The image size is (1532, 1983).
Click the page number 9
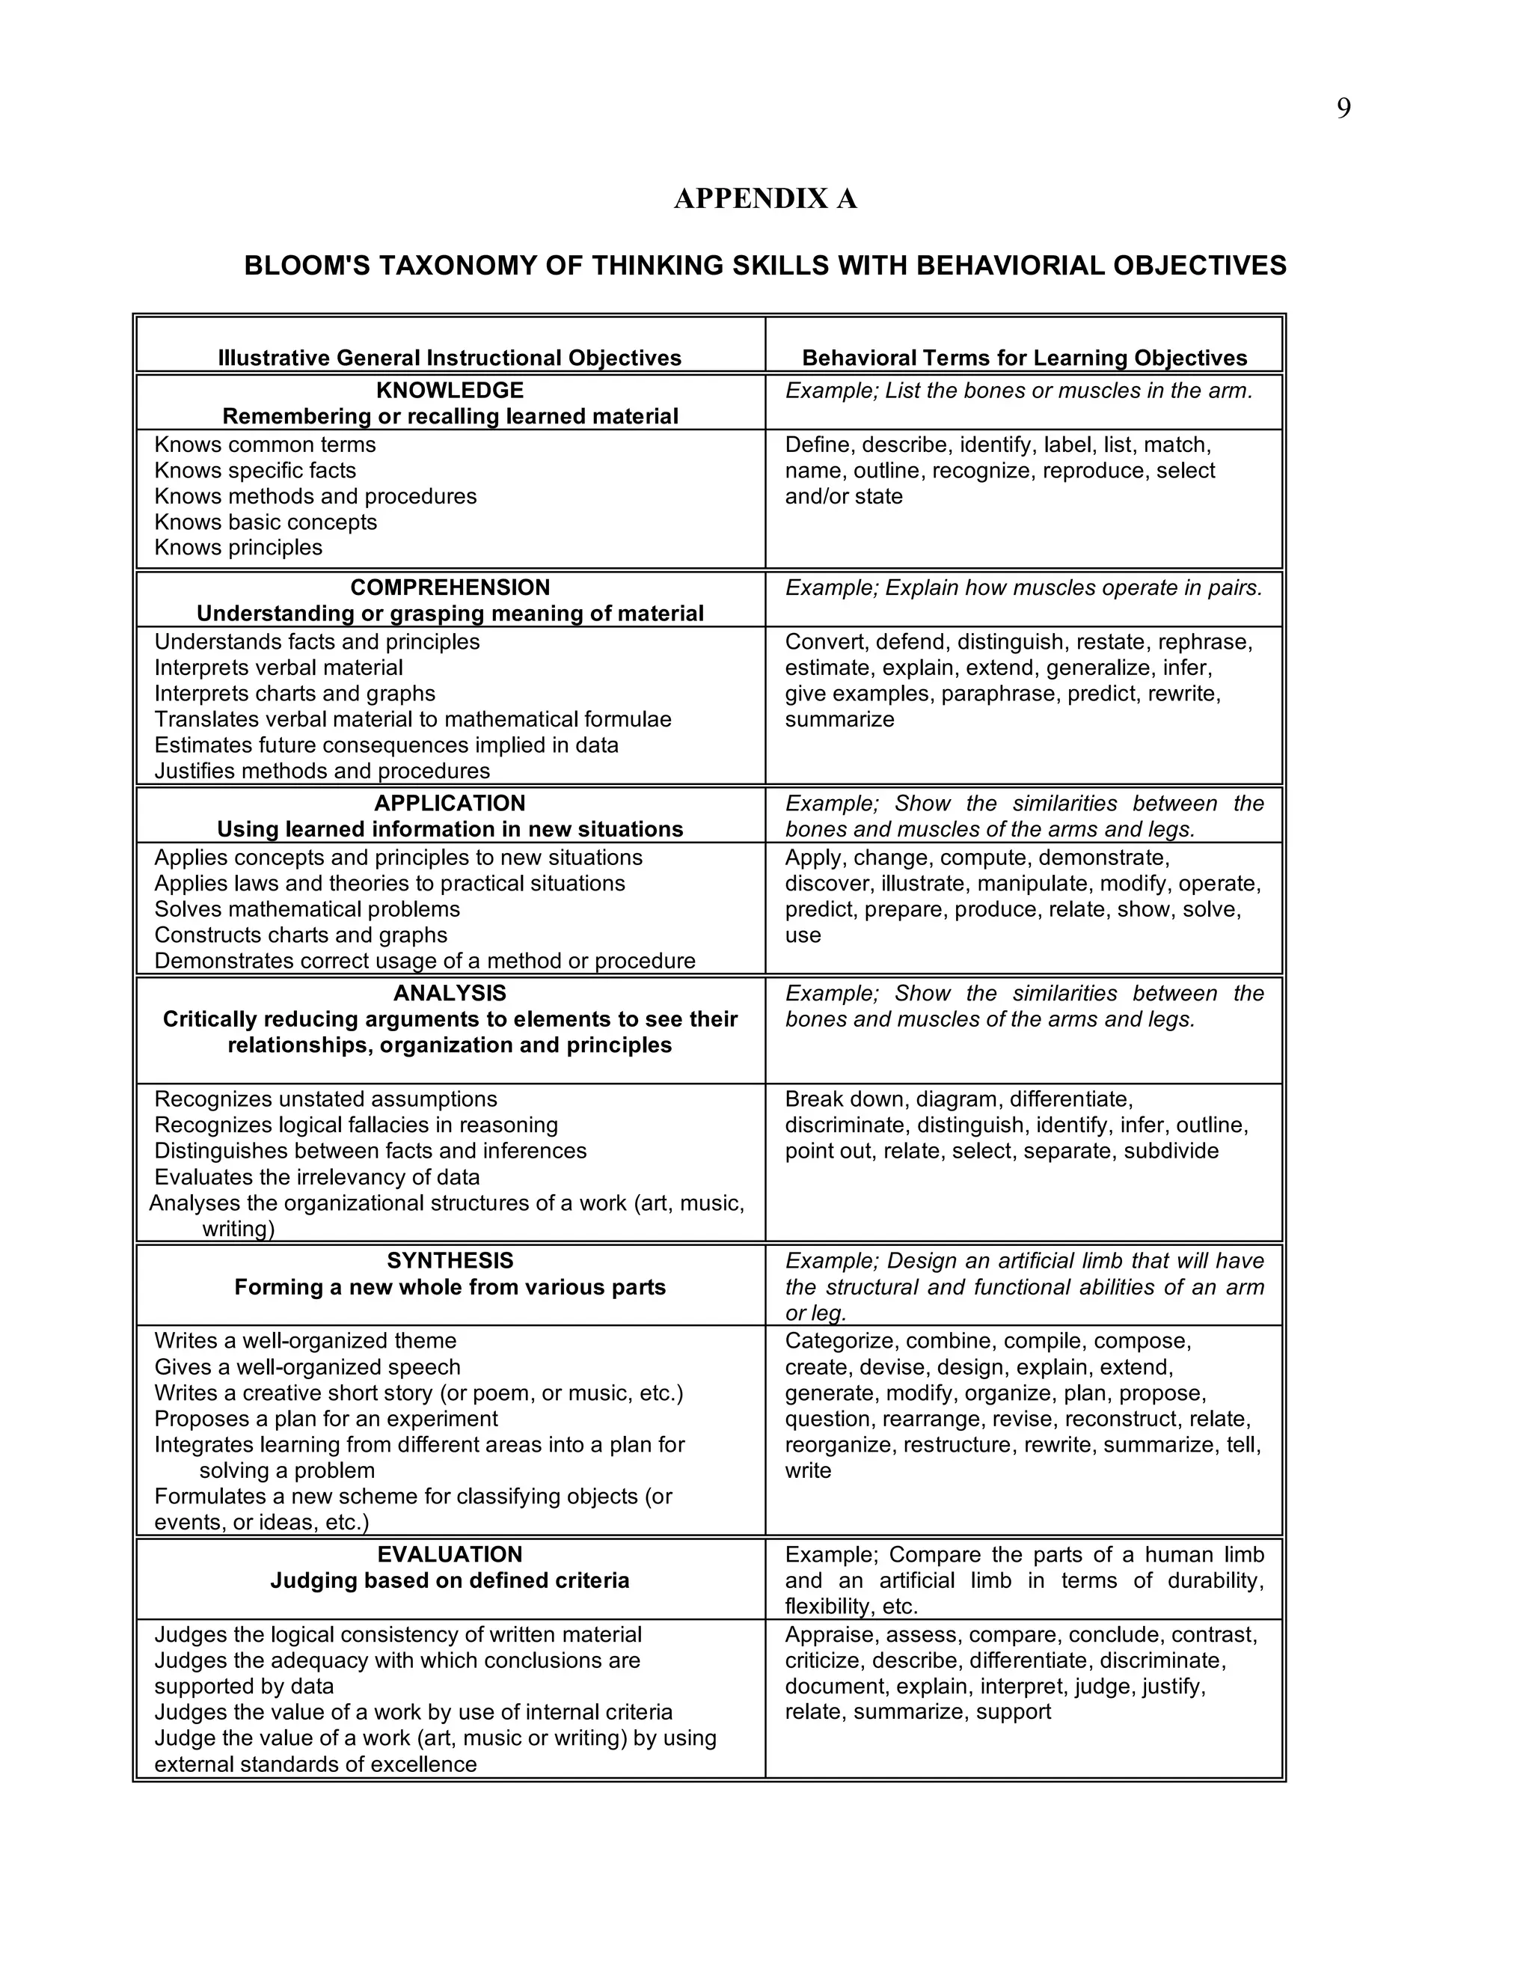point(1343,109)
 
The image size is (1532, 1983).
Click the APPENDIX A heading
point(765,199)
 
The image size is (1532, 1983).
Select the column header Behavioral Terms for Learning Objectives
point(1024,358)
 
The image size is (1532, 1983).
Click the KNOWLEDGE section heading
point(450,391)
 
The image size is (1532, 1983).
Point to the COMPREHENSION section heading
point(450,587)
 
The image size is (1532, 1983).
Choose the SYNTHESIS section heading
point(450,1260)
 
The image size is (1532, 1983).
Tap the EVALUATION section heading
point(450,1554)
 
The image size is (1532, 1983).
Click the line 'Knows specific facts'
point(255,471)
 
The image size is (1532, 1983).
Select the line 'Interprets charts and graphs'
point(294,694)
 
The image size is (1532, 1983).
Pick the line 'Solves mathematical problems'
point(307,909)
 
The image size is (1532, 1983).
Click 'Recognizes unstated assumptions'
point(326,1099)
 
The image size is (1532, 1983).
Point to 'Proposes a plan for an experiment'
point(326,1419)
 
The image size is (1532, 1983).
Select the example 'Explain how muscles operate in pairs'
point(1024,588)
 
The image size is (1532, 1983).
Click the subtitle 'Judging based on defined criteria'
point(450,1580)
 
